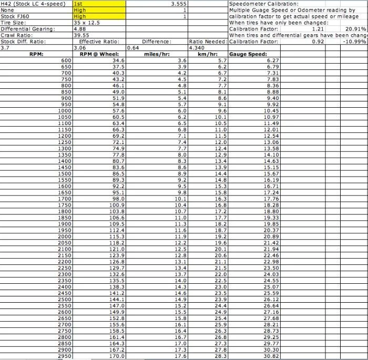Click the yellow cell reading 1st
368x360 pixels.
click(x=99, y=4)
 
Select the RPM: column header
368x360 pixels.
click(x=36, y=54)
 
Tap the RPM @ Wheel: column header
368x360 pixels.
click(x=99, y=54)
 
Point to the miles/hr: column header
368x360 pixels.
click(x=157, y=54)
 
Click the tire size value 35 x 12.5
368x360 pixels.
click(x=87, y=23)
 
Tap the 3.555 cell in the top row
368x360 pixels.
click(x=179, y=4)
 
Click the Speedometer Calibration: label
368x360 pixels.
click(x=257, y=4)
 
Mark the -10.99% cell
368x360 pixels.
click(x=355, y=42)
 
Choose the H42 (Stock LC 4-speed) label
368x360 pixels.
click(x=33, y=4)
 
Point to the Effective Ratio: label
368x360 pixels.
click(x=99, y=42)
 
